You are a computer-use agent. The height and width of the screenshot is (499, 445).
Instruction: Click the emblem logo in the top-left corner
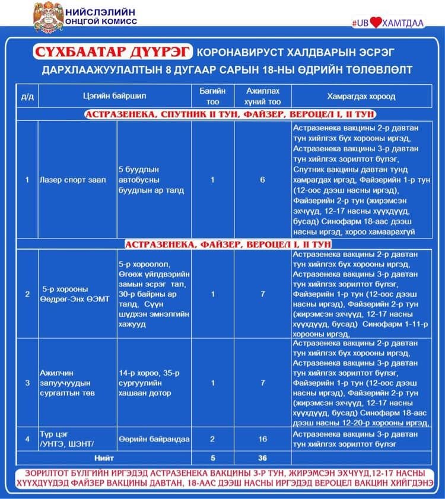click(x=47, y=18)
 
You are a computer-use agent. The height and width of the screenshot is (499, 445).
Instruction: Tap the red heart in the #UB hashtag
click(x=376, y=23)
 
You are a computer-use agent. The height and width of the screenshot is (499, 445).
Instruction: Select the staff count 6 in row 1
click(x=263, y=180)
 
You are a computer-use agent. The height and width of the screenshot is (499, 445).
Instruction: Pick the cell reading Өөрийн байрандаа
click(x=154, y=439)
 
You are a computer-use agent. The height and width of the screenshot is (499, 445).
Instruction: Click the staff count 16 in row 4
click(x=263, y=439)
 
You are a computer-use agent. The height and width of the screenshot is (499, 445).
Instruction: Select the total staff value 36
click(x=263, y=458)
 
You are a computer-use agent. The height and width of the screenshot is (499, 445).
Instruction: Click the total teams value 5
click(x=212, y=458)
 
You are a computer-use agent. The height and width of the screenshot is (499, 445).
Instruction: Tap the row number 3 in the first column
click(x=27, y=383)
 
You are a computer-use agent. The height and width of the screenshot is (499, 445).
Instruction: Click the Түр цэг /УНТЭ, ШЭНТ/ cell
click(x=65, y=439)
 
